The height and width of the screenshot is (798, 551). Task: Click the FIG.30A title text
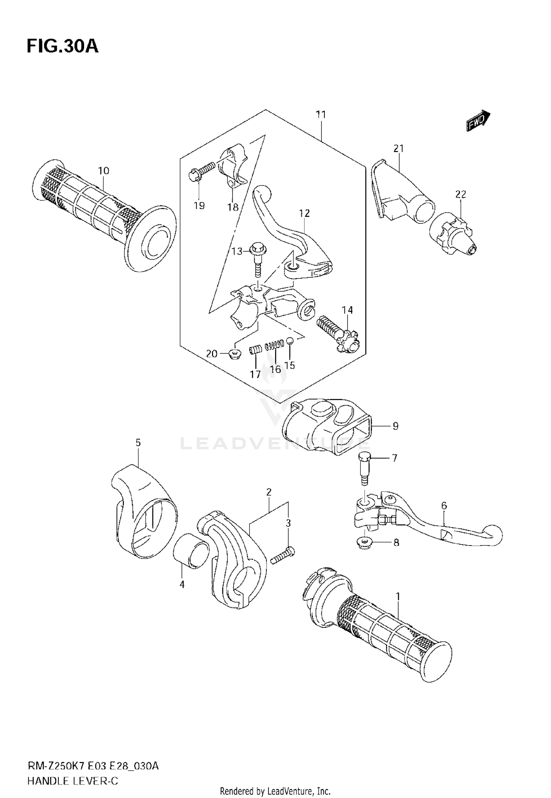62,46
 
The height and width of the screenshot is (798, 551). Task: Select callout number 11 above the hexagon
321,115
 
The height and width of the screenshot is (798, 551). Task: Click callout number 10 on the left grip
104,171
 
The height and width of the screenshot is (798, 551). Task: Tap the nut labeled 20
234,354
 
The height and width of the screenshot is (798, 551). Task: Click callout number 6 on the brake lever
444,506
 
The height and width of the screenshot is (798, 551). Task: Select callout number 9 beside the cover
395,426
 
